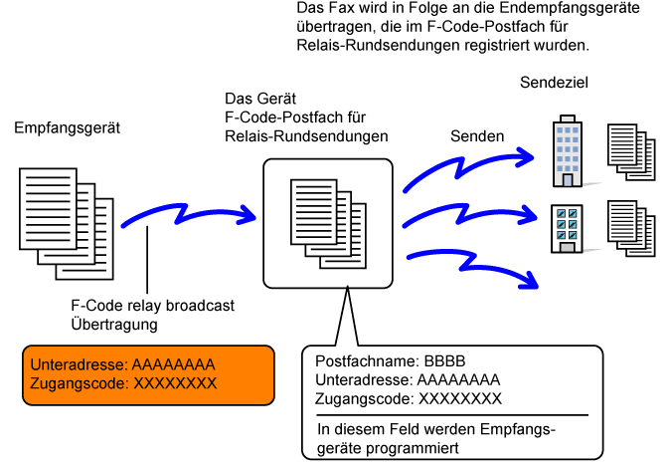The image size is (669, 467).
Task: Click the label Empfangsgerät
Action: pos(67,127)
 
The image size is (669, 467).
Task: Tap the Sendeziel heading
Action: pos(554,83)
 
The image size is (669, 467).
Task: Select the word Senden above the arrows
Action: pos(477,136)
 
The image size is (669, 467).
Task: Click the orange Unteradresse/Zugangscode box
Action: pos(148,375)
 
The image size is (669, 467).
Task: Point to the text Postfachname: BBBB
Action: pos(390,361)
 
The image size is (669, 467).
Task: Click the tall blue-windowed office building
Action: pos(568,150)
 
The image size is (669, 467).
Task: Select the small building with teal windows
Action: pos(567,229)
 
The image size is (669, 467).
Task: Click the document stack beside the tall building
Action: pos(631,152)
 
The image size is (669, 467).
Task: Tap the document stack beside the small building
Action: pos(631,229)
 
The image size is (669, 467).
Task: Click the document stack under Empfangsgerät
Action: pos(67,224)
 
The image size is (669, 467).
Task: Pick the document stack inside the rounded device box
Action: pos(328,224)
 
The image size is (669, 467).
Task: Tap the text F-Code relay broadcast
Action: pos(152,306)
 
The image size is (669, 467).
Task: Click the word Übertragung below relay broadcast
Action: pos(114,325)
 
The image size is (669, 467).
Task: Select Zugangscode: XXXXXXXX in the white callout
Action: pos(409,399)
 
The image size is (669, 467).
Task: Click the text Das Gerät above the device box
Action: pos(260,99)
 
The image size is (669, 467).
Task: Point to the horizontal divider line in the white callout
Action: pos(452,415)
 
